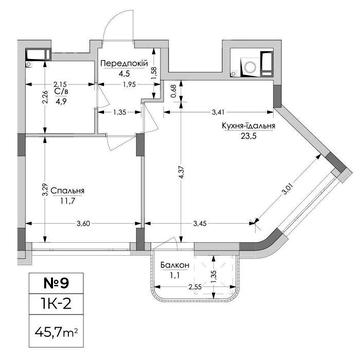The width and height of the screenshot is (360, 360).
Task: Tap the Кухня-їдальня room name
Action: tap(249, 126)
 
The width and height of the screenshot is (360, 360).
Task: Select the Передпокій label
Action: tap(124, 63)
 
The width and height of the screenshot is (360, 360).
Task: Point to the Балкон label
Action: tap(175, 265)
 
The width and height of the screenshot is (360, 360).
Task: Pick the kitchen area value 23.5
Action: tap(249, 136)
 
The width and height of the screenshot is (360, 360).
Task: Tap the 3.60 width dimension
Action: tap(83, 224)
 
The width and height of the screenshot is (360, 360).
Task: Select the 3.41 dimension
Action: tap(218, 112)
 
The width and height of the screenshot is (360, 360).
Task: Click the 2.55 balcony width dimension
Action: tap(194, 286)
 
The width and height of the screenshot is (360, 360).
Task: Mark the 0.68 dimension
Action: tap(172, 90)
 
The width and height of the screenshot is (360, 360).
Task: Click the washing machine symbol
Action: tap(250, 67)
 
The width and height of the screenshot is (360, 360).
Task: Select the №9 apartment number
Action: tap(56, 283)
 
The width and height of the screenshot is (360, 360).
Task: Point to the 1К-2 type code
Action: tap(56, 304)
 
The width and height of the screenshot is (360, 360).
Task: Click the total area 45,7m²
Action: tap(56, 332)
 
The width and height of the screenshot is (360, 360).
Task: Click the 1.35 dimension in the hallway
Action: tap(119, 112)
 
